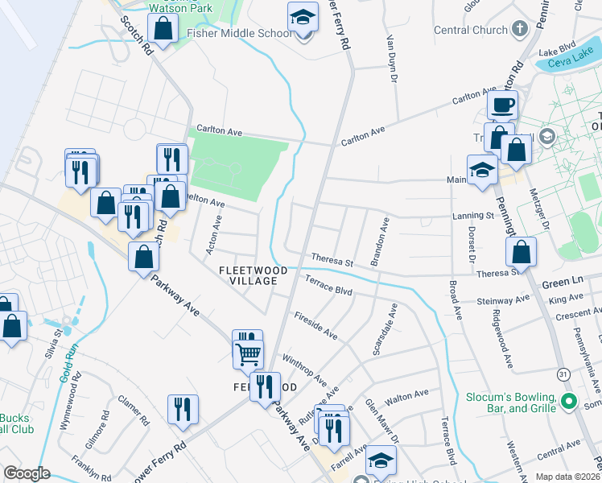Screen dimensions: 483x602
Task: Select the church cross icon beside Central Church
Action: (x=520, y=29)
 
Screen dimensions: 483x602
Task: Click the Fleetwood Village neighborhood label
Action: (x=248, y=275)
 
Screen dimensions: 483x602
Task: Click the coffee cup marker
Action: (x=502, y=105)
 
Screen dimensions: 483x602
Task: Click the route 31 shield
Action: (x=563, y=375)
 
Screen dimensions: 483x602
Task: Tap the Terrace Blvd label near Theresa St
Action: (x=329, y=285)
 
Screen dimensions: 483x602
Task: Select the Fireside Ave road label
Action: (x=315, y=325)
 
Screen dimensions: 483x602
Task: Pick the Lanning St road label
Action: (x=472, y=216)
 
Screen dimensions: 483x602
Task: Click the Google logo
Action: (x=27, y=473)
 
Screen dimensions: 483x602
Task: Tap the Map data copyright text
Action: (x=567, y=477)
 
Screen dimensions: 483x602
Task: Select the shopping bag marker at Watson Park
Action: (x=163, y=29)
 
